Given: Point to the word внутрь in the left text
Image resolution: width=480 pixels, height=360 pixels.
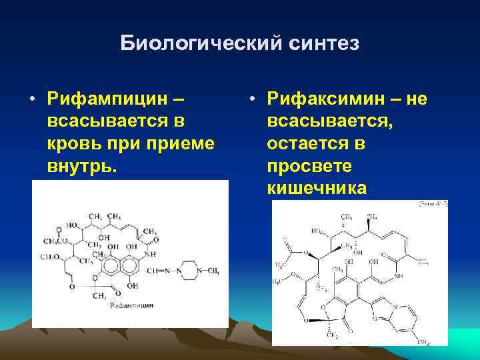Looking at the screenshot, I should point(80,166).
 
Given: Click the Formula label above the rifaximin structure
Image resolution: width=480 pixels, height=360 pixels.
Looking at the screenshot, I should point(432,204).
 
